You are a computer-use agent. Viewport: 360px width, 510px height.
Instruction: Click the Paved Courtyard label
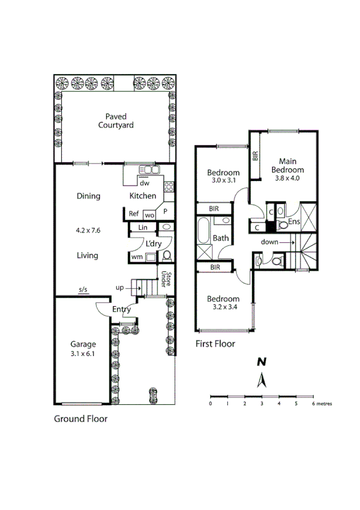pos(116,121)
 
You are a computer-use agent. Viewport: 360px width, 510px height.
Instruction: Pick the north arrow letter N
pos(261,362)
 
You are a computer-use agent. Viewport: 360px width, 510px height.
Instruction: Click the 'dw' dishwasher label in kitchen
pos(144,184)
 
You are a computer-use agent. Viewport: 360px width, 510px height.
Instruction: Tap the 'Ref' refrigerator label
pos(134,214)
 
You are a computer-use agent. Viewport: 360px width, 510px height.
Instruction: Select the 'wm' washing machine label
pos(137,257)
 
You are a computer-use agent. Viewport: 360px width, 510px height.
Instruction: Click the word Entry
pos(121,309)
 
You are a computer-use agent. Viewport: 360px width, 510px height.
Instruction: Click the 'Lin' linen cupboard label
pos(142,227)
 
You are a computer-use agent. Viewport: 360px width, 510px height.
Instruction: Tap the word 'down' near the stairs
pos(270,242)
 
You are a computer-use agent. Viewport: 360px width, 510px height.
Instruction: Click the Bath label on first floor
pos(221,238)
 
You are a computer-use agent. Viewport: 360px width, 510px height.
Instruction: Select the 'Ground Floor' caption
pos(81,419)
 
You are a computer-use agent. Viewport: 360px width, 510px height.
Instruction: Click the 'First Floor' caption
pos(215,344)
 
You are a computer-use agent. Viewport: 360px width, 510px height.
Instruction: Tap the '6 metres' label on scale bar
pos(321,404)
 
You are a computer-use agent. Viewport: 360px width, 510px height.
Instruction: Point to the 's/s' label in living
pos(83,290)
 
